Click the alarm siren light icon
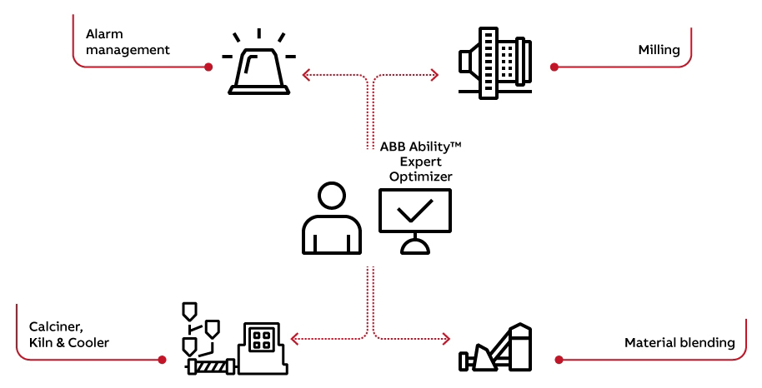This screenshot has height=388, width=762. click(258, 67)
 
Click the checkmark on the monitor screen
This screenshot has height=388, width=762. click(414, 210)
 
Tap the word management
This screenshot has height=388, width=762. click(128, 50)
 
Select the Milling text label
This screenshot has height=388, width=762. click(659, 50)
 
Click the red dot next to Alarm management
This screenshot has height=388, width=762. click(208, 67)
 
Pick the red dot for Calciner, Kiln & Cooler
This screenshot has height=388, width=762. click(161, 360)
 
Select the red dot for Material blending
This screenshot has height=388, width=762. click(558, 360)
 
